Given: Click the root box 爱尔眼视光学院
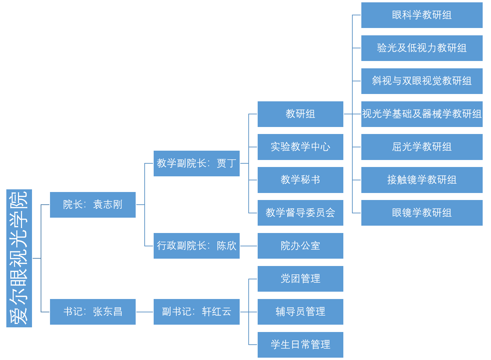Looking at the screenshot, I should click(x=19, y=258).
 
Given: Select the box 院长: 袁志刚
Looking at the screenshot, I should click(x=93, y=205).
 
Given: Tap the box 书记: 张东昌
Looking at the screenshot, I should click(x=93, y=312).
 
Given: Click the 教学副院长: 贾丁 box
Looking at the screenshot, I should click(x=196, y=163).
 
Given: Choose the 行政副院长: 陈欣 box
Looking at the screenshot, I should click(x=196, y=246).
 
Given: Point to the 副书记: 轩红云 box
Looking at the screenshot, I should click(x=196, y=312).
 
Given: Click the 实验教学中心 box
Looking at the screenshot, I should click(x=300, y=147).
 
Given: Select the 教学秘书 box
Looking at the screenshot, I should click(x=300, y=180).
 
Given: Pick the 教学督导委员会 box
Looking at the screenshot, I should click(x=300, y=213).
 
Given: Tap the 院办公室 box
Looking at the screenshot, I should click(x=300, y=246).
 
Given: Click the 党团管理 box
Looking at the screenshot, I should click(x=300, y=279).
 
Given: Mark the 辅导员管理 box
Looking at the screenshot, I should click(x=300, y=312).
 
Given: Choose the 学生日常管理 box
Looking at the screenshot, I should click(x=300, y=345).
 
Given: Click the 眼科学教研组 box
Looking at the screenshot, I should click(x=422, y=15).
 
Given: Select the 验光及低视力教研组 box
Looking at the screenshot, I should click(x=422, y=48).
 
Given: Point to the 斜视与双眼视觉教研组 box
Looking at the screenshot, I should click(x=422, y=81).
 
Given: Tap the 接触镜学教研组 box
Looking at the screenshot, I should click(x=422, y=180).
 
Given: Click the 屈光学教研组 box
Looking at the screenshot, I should click(x=422, y=147).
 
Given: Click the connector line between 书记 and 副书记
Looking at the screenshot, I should click(x=144, y=312).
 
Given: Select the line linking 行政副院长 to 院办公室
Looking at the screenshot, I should click(x=248, y=246).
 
